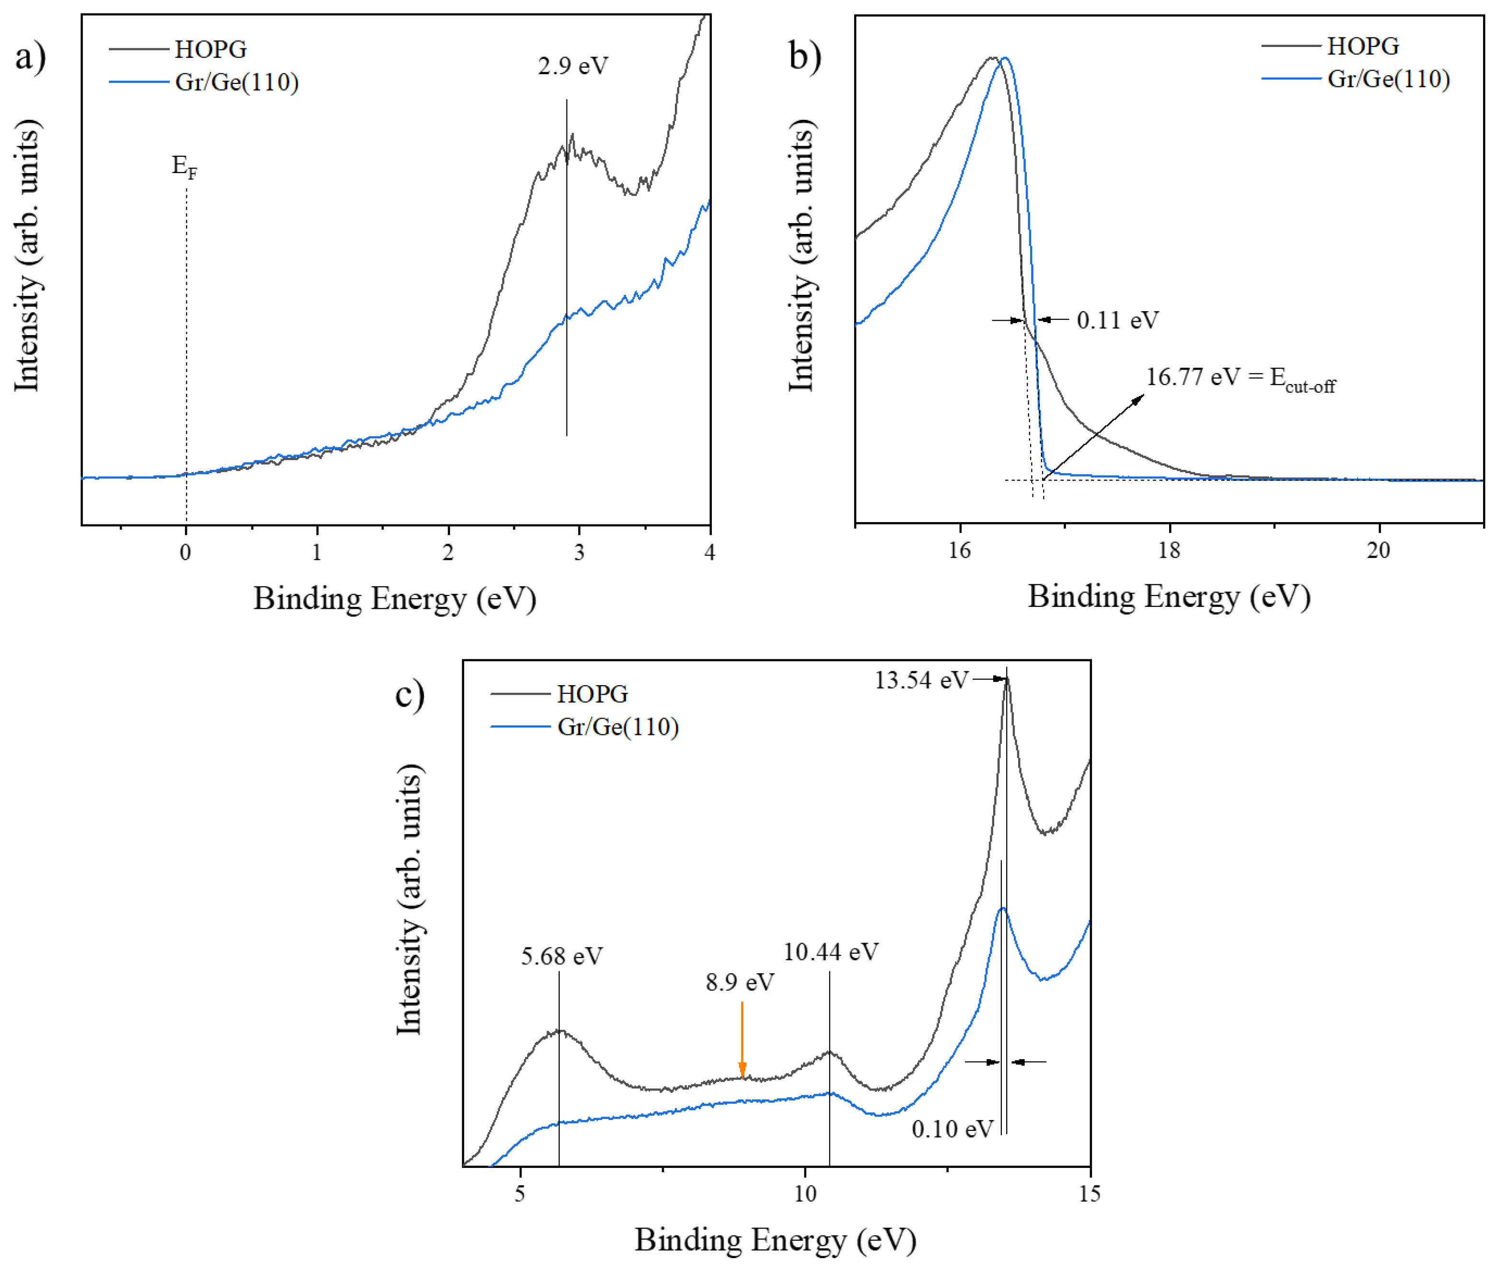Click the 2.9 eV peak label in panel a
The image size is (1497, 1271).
coord(573,66)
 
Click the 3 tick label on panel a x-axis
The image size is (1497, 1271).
coord(579,553)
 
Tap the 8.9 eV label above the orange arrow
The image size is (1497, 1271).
coord(739,982)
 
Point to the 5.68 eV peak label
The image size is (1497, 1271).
coord(561,956)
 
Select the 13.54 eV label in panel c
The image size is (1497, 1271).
coord(921,680)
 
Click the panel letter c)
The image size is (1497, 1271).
coord(409,695)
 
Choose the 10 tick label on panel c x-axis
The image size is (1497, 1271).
coord(805,1194)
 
